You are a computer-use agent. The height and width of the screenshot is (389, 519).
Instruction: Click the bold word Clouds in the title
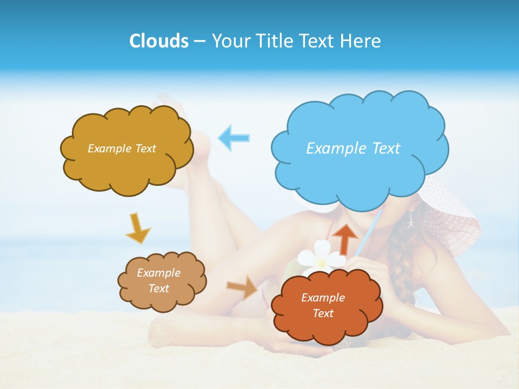click(158, 41)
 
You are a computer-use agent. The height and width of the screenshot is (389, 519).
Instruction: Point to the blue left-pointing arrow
click(234, 137)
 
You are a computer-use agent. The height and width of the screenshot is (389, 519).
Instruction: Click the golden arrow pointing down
click(137, 229)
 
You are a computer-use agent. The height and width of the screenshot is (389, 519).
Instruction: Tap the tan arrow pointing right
click(242, 287)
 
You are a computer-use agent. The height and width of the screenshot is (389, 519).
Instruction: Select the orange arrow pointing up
click(345, 238)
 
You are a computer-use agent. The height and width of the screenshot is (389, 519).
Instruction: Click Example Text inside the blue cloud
click(353, 148)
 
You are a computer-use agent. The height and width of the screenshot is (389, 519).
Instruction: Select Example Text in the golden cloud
click(122, 148)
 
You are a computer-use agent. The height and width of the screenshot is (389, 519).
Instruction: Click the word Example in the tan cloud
click(158, 273)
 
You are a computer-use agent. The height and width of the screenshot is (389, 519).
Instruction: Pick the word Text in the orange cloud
click(323, 313)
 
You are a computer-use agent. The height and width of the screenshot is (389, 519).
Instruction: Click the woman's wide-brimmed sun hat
click(454, 216)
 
